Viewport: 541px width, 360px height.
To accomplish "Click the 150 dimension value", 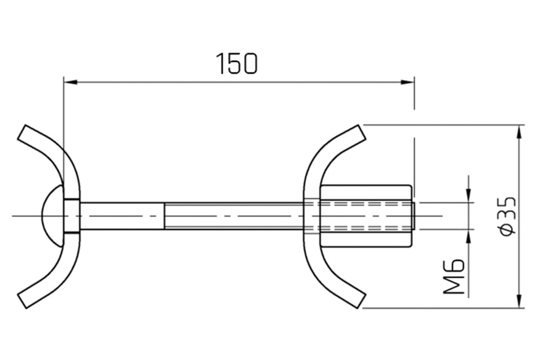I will coord(237,64).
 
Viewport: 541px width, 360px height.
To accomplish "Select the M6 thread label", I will coord(454,276).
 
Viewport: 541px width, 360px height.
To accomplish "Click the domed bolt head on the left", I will coord(52,216).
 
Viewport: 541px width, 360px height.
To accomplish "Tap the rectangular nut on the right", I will coord(366,216).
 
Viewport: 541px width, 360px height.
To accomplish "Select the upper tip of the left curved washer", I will coord(25,132).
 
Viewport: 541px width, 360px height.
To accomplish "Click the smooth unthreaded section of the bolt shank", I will coord(122,216).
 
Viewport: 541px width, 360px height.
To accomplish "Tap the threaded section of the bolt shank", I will coord(233,216).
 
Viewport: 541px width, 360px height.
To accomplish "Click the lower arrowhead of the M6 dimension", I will coord(469,234).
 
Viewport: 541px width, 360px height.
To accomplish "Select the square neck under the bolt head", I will coord(72,216).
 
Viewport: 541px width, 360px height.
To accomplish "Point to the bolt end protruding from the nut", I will coord(414,216).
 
